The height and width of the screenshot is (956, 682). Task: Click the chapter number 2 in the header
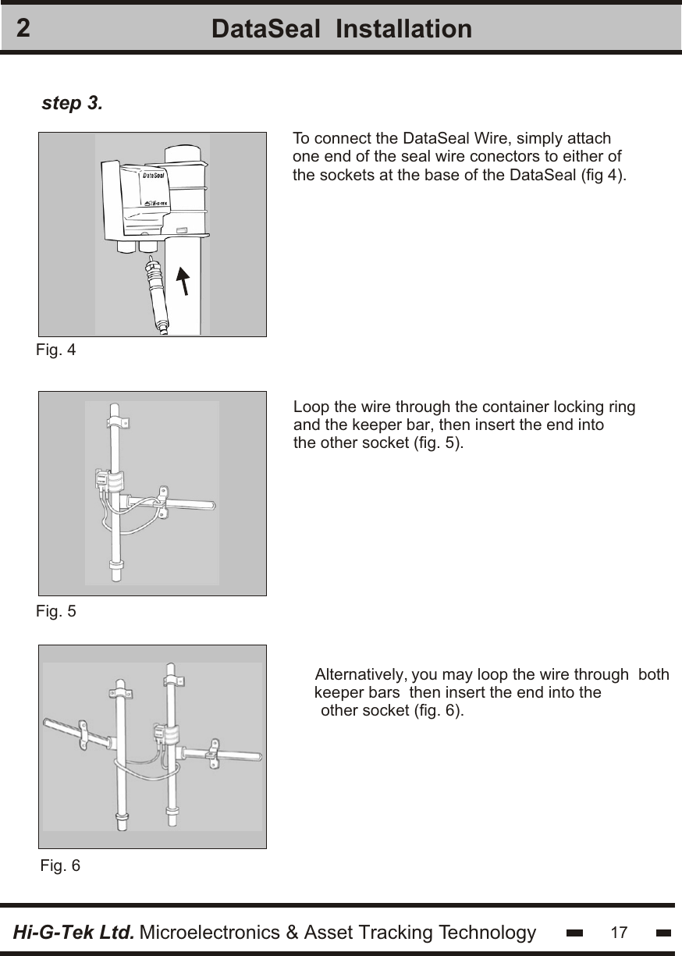[24, 29]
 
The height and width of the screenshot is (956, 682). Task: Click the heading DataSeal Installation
[341, 29]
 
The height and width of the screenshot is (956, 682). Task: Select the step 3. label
[71, 103]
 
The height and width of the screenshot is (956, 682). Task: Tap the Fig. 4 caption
[56, 350]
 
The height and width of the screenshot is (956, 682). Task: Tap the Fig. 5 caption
[56, 611]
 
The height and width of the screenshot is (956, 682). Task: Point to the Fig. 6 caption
[59, 865]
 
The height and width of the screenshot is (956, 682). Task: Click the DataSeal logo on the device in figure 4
[154, 176]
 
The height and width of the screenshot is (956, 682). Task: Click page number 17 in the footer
[619, 933]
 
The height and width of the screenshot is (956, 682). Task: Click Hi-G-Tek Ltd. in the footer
[74, 933]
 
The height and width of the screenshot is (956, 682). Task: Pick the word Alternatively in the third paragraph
[359, 674]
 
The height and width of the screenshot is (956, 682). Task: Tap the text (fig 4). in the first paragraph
[605, 174]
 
